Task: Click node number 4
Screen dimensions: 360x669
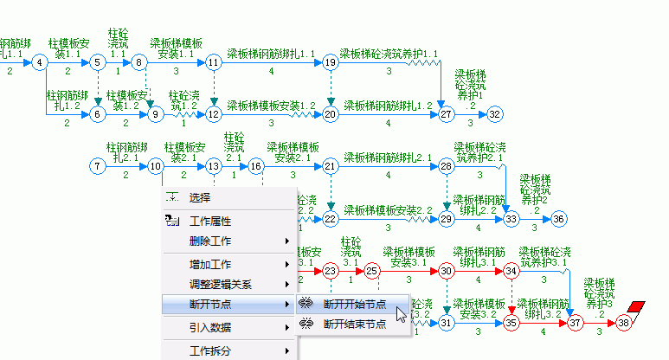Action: coord(40,62)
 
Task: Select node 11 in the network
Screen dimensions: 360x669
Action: coord(214,62)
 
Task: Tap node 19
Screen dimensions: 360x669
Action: coord(330,62)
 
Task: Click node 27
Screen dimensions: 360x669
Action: coord(446,113)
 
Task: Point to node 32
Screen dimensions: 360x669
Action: coord(494,113)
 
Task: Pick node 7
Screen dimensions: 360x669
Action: coord(98,165)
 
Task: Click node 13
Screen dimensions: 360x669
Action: coord(214,165)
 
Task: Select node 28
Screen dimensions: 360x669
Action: coord(446,165)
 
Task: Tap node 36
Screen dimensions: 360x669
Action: coord(559,219)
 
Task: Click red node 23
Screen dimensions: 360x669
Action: coord(330,271)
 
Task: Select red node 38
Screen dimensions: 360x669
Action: coord(624,323)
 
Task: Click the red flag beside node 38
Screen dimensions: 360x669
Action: coord(639,307)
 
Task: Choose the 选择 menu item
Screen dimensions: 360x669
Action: coord(200,198)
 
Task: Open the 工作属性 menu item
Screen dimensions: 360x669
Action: coord(210,222)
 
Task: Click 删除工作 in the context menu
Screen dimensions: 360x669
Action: coord(210,241)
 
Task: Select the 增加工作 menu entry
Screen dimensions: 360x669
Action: coord(210,264)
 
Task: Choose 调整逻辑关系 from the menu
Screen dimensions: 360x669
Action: coord(221,284)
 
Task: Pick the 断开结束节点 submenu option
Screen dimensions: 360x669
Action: coord(354,325)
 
